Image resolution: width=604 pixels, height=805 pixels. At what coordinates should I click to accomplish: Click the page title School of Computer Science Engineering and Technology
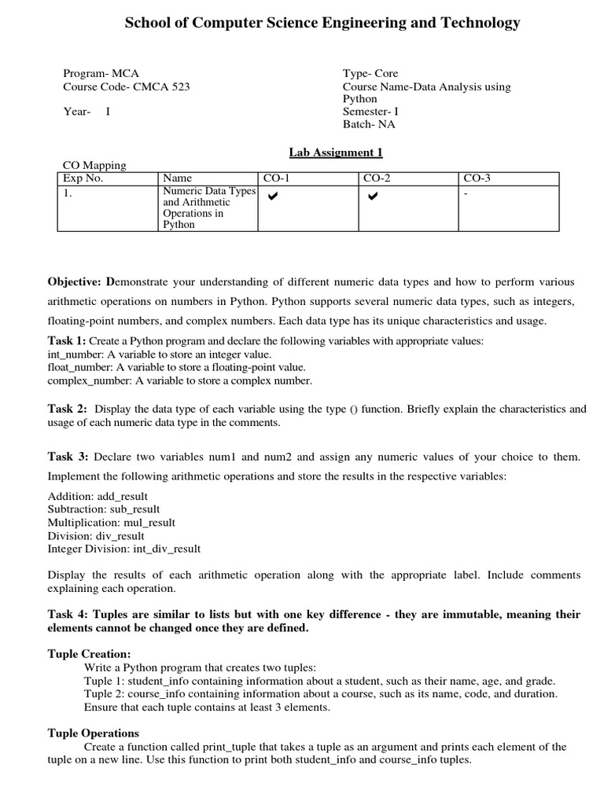[322, 23]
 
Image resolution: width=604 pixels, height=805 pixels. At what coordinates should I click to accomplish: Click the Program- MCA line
[101, 74]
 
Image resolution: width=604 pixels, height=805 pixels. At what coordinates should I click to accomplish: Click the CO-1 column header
[277, 178]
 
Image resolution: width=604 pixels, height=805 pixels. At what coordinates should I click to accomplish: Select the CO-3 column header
[477, 178]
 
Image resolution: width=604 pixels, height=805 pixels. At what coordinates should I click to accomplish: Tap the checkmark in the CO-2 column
[373, 195]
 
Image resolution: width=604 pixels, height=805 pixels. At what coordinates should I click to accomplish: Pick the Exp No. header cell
[83, 178]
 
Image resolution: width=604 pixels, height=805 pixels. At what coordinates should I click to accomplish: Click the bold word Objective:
[75, 281]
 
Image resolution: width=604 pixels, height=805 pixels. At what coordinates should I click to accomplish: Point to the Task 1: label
[67, 340]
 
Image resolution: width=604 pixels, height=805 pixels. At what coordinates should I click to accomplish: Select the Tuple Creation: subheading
[89, 654]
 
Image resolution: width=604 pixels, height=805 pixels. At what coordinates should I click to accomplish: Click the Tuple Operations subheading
[93, 733]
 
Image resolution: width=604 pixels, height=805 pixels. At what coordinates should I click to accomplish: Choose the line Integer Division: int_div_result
[124, 549]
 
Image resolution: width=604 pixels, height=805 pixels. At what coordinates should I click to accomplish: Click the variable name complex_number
[90, 380]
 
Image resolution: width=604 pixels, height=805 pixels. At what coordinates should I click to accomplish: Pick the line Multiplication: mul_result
[112, 522]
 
